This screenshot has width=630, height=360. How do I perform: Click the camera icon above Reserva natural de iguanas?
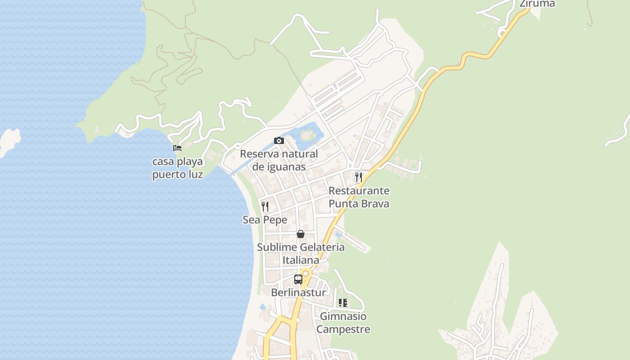[279, 141]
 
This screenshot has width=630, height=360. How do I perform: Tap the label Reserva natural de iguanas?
[279, 160]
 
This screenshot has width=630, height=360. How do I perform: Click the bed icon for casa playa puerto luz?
[177, 148]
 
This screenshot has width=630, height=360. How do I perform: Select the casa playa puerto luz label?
[177, 168]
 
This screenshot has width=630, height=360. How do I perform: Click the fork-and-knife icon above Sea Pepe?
[265, 207]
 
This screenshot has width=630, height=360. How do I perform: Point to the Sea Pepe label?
[265, 220]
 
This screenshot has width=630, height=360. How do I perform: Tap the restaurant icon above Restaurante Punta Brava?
[358, 177]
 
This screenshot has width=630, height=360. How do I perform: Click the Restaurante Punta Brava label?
[359, 197]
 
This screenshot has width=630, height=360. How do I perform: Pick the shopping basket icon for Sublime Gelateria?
[301, 234]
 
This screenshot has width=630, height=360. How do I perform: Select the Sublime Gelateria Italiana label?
[301, 253]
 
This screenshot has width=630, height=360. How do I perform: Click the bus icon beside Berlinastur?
[298, 279]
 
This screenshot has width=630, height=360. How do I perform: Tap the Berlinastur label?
[298, 292]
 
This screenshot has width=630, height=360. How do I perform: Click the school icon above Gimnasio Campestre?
[343, 303]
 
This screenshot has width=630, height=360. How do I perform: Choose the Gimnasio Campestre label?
[343, 323]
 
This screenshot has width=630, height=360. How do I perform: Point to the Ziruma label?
[537, 4]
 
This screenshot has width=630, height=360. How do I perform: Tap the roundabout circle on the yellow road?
[306, 273]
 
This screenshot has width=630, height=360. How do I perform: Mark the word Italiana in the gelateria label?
[301, 260]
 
